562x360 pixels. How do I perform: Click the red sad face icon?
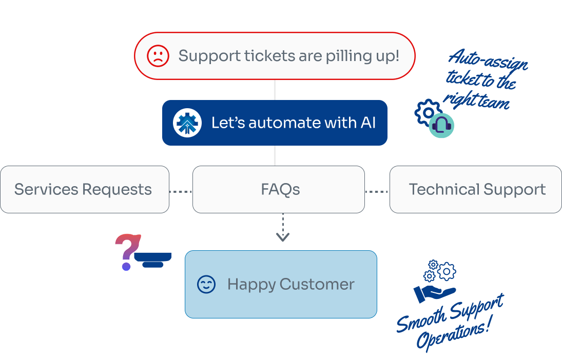pos(158,56)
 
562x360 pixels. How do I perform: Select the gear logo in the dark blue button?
pos(187,123)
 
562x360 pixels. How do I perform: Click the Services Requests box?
pos(85,190)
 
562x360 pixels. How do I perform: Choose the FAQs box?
pos(279,190)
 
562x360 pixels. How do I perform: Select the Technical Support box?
pos(476,190)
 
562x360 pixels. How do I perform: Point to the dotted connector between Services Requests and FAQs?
pos(181,192)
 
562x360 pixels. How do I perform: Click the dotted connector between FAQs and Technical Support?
pos(377,192)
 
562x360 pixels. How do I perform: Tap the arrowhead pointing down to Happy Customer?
pos(283,237)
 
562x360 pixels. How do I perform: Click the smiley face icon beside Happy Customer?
pos(206,285)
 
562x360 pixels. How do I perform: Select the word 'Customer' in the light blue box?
pos(317,285)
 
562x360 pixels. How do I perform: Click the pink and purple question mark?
pos(127,252)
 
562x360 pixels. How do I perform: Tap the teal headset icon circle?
pos(441,125)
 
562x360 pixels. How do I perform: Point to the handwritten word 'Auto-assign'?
pos(488,60)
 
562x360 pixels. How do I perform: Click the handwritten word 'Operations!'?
pos(453,334)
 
